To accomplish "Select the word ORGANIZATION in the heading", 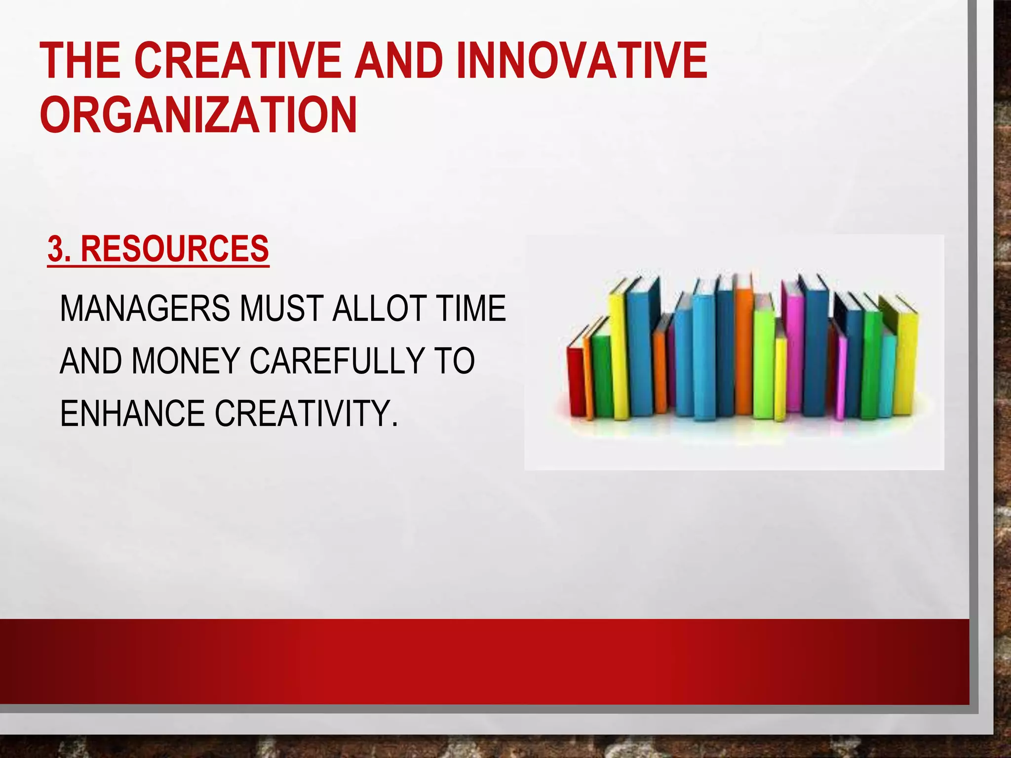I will tap(198, 114).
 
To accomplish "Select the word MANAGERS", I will tap(144, 308).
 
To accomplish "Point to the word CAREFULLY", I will tap(337, 361).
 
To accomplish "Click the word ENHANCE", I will tap(132, 413).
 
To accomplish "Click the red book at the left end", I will tap(576, 380).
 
